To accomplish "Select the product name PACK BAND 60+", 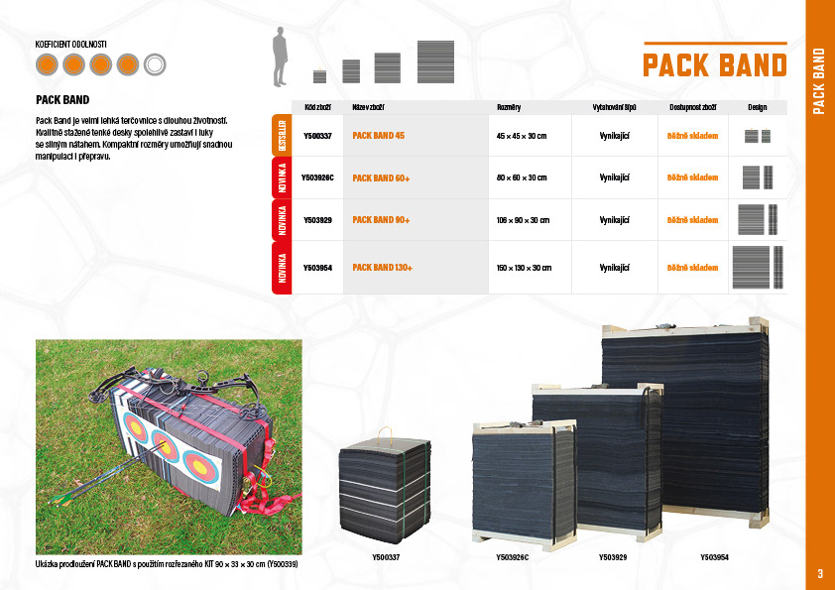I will click(x=382, y=177).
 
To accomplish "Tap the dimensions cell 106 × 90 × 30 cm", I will click(x=522, y=220).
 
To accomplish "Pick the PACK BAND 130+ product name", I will click(x=383, y=268).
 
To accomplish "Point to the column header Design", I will click(x=758, y=105).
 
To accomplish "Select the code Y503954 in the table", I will click(x=317, y=268).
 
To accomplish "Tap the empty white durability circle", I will click(x=154, y=65).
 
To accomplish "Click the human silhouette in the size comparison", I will click(x=282, y=58).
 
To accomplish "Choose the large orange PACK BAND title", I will click(x=715, y=65).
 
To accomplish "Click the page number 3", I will click(x=820, y=573).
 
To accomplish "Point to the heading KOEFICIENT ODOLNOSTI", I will click(x=71, y=45).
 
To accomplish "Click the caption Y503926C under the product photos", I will click(x=512, y=558).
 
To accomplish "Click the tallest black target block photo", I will click(x=683, y=426).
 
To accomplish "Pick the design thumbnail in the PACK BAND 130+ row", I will click(x=758, y=267).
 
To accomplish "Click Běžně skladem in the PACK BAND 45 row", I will click(x=692, y=134).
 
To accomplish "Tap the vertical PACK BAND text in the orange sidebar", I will click(x=820, y=80).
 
